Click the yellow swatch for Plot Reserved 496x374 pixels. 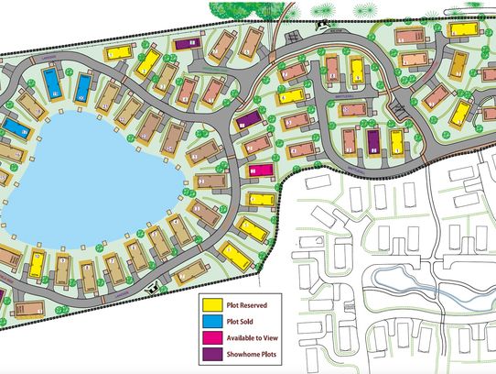213,302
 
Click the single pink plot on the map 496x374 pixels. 261,170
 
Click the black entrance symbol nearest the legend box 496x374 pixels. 151,290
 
